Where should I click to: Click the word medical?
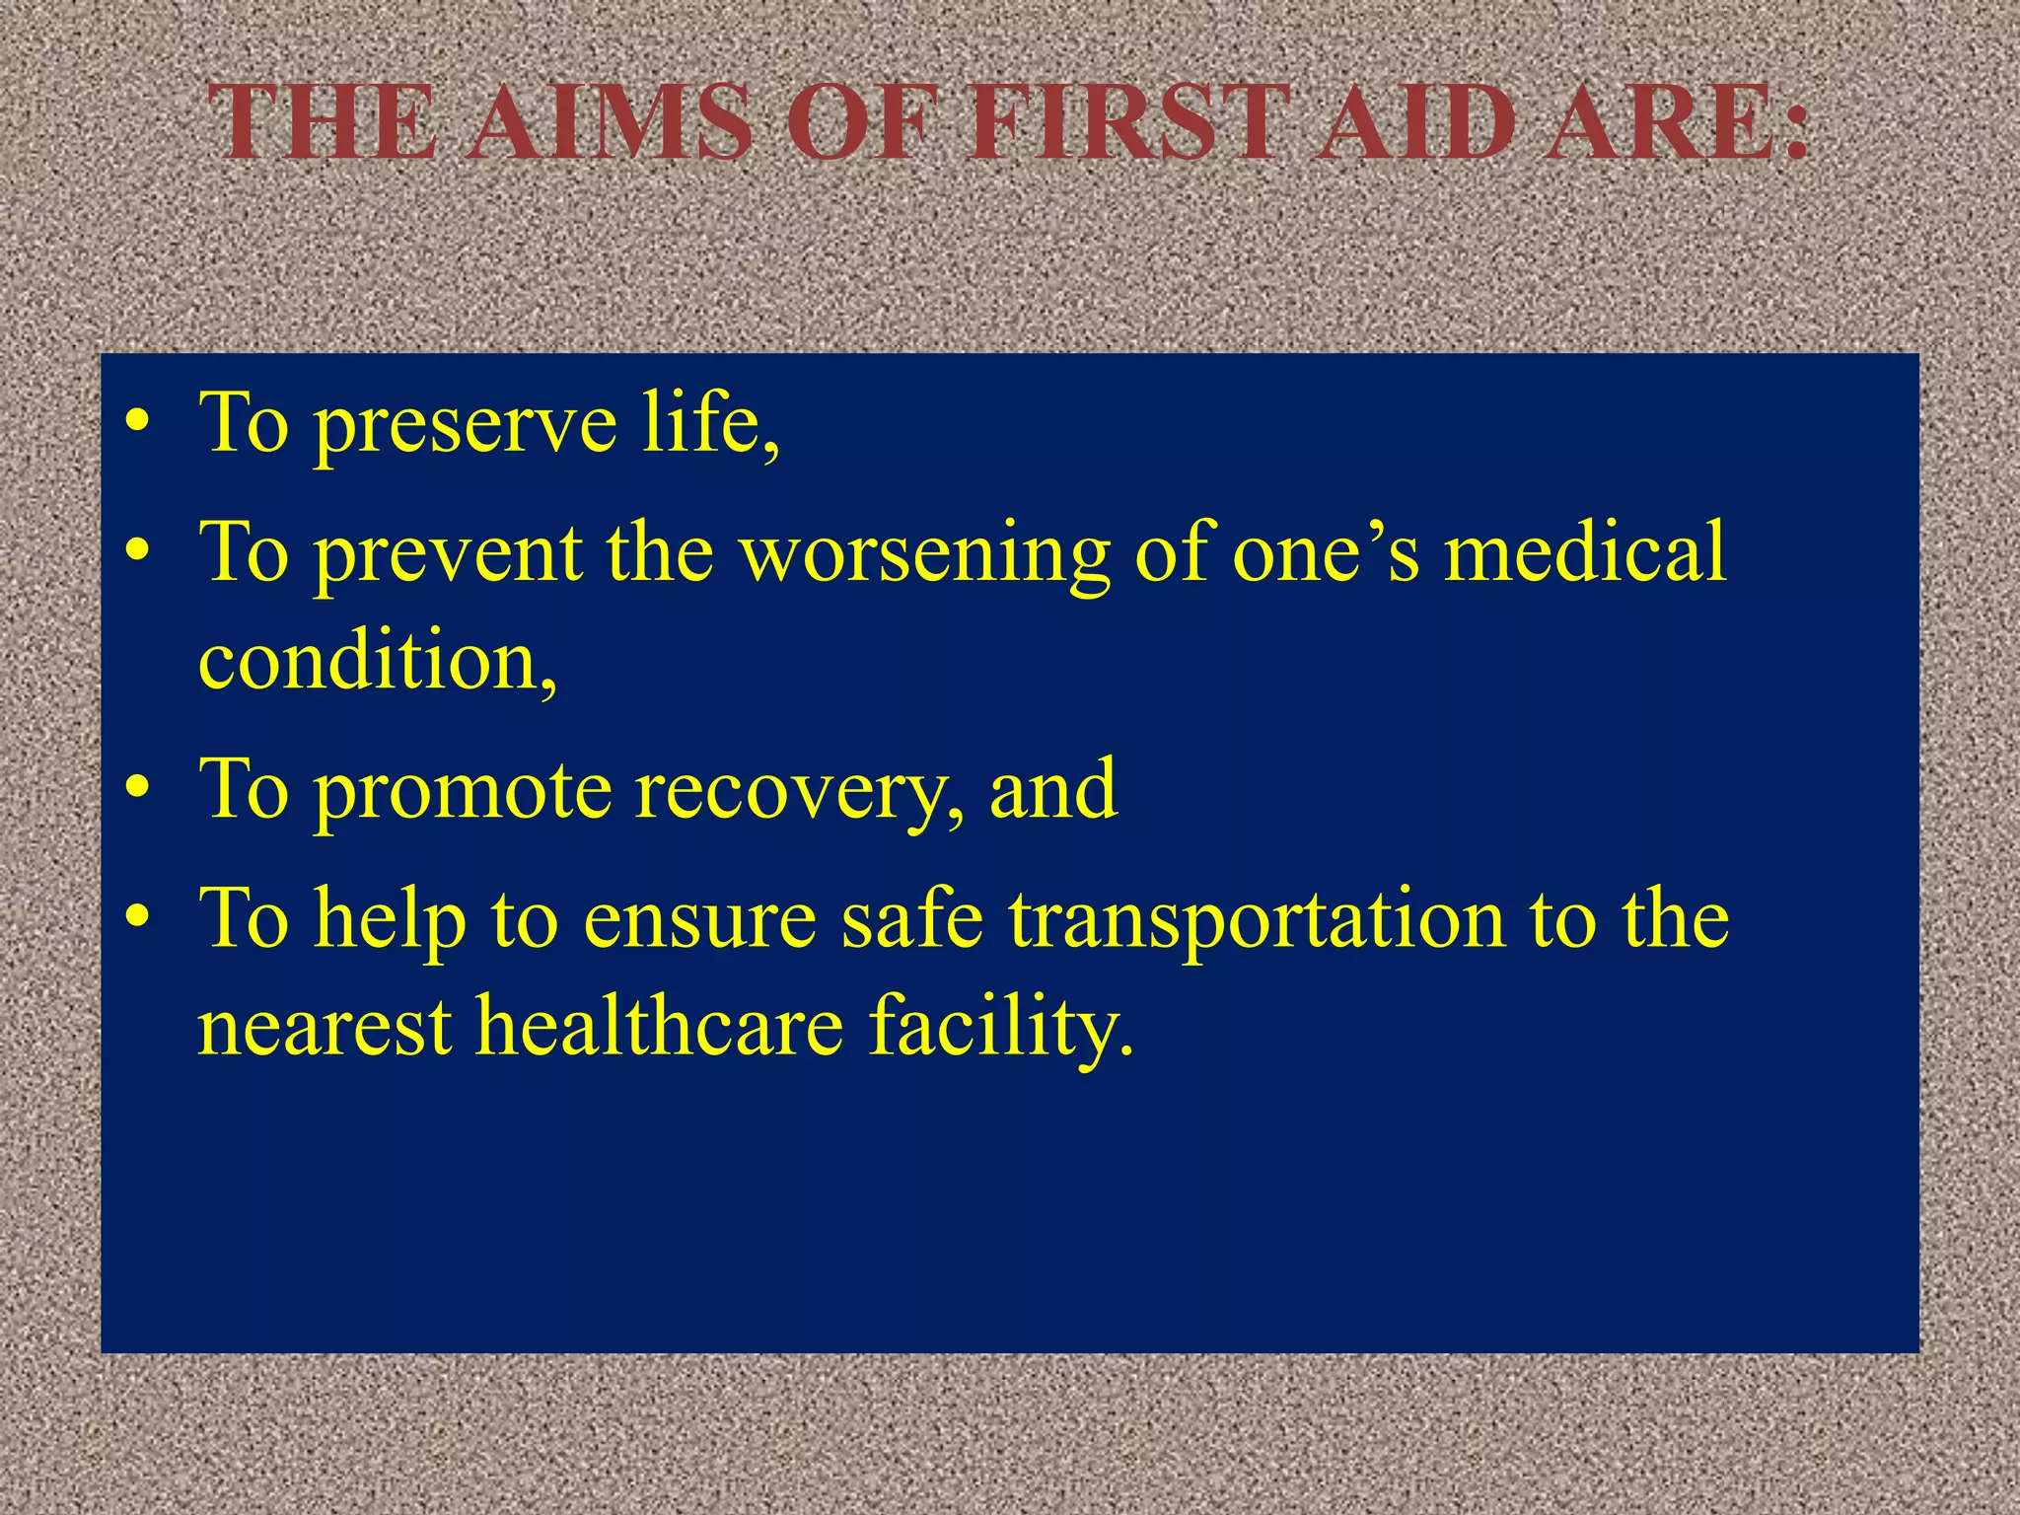(1585, 552)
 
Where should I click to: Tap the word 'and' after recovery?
(1053, 789)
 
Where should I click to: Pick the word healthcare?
(661, 1026)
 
